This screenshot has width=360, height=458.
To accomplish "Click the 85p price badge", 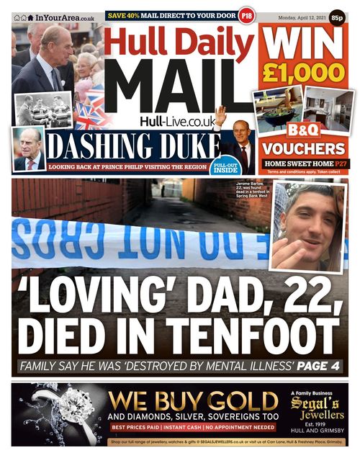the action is pos(338,15).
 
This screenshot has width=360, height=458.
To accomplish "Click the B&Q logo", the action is pos(303,130).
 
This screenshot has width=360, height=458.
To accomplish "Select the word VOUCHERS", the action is pos(303,148).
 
